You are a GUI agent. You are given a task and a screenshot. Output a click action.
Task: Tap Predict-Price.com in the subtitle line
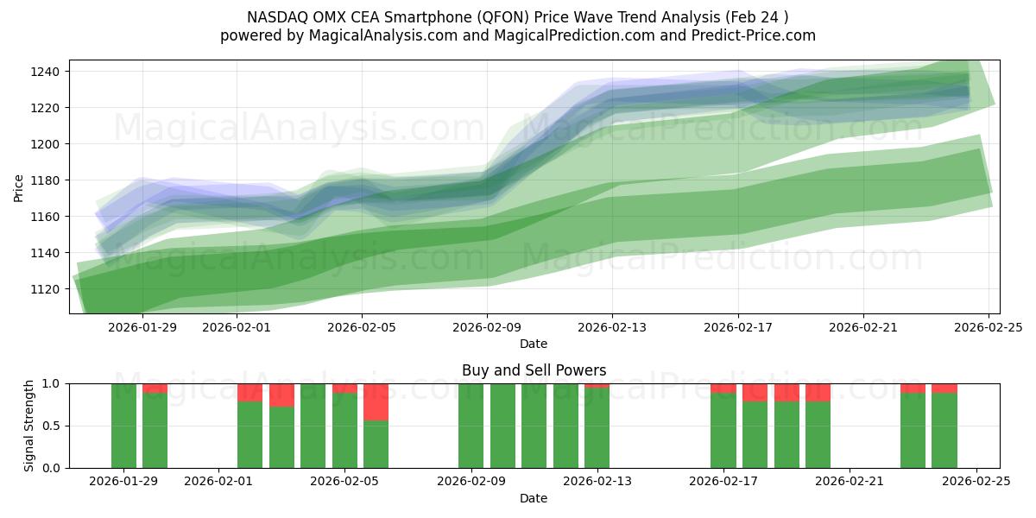(759, 35)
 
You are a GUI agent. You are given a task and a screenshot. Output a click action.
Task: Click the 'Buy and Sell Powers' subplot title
(534, 370)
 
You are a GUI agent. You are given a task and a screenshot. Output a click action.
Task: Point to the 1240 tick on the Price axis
(46, 72)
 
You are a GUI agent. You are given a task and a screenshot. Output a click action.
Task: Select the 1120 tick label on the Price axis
(46, 289)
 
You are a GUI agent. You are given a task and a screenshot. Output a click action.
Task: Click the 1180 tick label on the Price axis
(46, 180)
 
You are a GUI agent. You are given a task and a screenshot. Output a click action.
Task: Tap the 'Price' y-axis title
(19, 187)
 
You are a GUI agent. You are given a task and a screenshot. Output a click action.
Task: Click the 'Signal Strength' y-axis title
(29, 426)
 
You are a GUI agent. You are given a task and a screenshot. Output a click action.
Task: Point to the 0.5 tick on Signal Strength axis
(51, 426)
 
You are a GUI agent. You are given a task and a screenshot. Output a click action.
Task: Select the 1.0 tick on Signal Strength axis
(51, 383)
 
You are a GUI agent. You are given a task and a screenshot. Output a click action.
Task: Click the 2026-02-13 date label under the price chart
(612, 327)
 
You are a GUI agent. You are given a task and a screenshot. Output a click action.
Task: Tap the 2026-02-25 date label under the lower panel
(976, 482)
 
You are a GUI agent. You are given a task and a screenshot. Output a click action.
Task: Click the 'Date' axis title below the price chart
(534, 344)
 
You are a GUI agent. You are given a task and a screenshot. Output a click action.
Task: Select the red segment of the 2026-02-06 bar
(376, 401)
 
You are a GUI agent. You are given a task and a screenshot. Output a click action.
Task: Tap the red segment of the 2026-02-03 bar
(281, 395)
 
